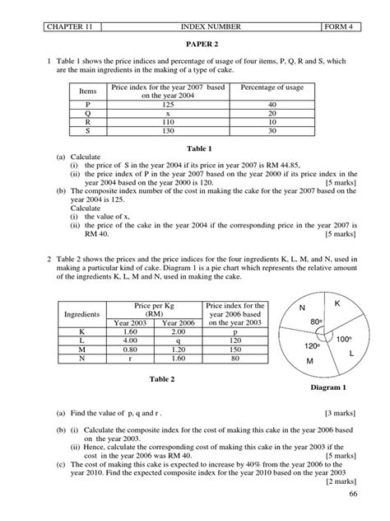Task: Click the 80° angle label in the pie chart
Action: [315, 321]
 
